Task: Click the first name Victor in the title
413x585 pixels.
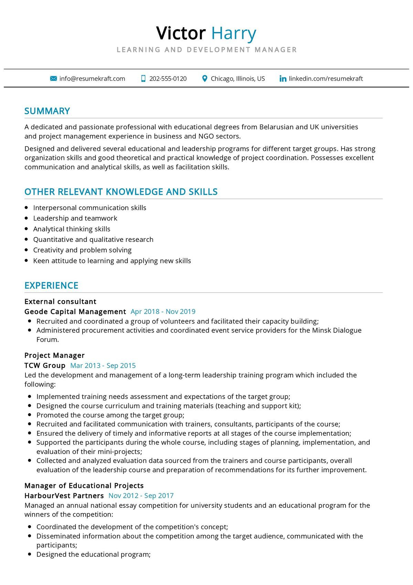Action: [181, 33]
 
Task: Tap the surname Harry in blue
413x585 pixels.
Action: [234, 33]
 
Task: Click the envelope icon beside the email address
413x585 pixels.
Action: [53, 79]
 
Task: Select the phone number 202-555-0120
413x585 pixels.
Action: [168, 79]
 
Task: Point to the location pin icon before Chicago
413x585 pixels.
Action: [204, 79]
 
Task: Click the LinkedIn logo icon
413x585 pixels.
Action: [283, 79]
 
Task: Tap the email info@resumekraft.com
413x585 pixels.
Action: [92, 79]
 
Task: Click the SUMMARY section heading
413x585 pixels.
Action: [47, 111]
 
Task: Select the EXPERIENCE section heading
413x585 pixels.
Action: [51, 286]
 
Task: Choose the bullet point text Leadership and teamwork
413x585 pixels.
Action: [75, 218]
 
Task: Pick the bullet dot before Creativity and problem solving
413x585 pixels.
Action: [27, 250]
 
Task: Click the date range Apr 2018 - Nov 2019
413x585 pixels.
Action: [163, 312]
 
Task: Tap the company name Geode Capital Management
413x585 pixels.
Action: [75, 312]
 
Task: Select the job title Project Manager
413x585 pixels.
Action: [54, 356]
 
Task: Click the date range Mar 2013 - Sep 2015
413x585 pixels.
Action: [103, 366]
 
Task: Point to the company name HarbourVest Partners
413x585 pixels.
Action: [64, 496]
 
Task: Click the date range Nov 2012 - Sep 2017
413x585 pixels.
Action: [141, 496]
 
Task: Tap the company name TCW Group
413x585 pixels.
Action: [45, 366]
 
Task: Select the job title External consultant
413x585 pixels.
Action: [60, 302]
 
